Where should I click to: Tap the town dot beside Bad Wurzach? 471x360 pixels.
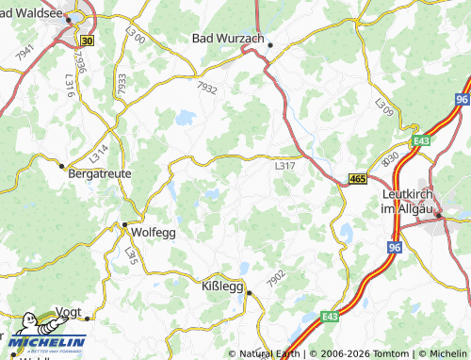pyautogui.click(x=269, y=44)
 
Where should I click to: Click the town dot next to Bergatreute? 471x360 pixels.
pyautogui.click(x=63, y=166)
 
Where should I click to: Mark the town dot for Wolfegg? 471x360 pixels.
pyautogui.click(x=123, y=224)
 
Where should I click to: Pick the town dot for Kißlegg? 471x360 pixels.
pyautogui.click(x=249, y=292)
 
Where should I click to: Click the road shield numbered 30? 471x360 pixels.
pyautogui.click(x=88, y=41)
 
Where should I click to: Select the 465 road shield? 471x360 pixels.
pyautogui.click(x=356, y=178)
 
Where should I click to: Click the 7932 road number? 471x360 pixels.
pyautogui.click(x=207, y=90)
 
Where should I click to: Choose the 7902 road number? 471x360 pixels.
pyautogui.click(x=276, y=278)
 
